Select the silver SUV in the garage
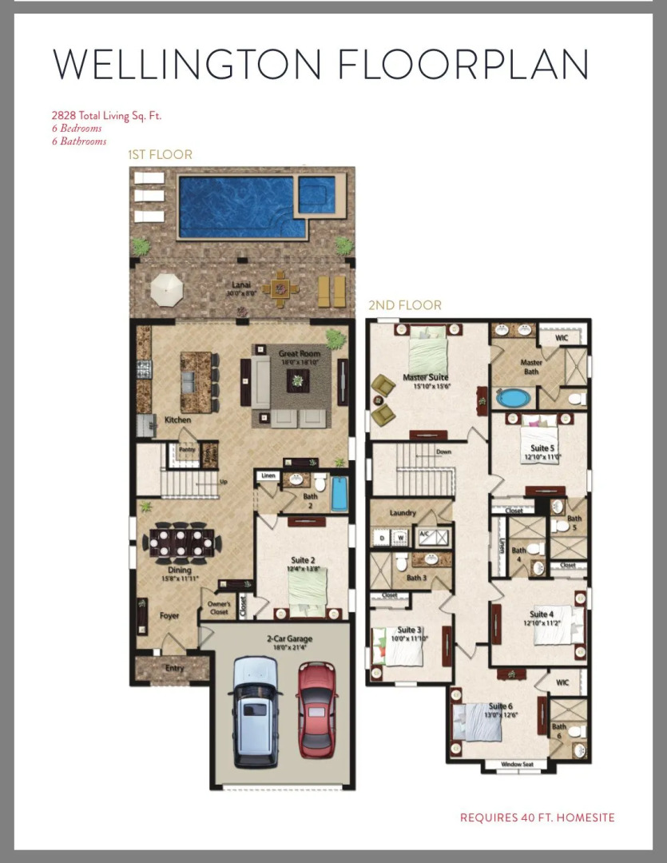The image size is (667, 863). pyautogui.click(x=256, y=711)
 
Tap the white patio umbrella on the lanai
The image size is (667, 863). pyautogui.click(x=167, y=287)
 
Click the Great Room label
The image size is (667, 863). pyautogui.click(x=299, y=353)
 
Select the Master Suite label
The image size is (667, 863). pyautogui.click(x=426, y=377)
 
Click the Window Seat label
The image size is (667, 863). pyautogui.click(x=516, y=765)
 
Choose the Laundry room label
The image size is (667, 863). pyautogui.click(x=403, y=513)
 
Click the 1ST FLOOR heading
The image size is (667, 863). pyautogui.click(x=161, y=154)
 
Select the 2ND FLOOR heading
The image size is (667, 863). pyautogui.click(x=404, y=305)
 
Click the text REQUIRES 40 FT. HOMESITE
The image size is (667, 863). pyautogui.click(x=537, y=817)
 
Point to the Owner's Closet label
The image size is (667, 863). pyautogui.click(x=220, y=607)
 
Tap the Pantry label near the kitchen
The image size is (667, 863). pyautogui.click(x=186, y=450)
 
